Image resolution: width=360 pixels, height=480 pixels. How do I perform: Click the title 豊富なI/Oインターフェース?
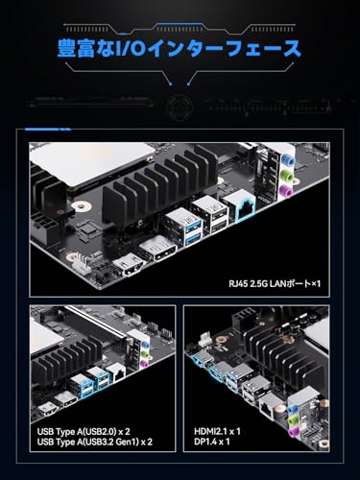[180, 49]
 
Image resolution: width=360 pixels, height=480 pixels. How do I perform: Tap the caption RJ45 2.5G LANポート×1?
[275, 283]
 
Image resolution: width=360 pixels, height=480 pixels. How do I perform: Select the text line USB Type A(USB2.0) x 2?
[84, 432]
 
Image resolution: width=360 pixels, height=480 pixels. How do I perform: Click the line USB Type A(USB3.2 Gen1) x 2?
[95, 442]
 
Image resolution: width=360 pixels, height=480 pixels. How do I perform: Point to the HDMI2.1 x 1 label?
[217, 432]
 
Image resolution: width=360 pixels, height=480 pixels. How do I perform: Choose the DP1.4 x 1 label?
[211, 442]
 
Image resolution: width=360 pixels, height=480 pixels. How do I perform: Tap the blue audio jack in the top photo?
[288, 159]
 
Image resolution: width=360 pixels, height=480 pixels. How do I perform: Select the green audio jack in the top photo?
[287, 177]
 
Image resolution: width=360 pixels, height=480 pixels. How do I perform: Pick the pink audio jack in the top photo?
[285, 192]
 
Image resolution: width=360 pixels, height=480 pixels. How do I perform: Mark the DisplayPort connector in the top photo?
[157, 250]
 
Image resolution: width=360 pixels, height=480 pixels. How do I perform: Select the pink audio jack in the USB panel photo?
[144, 363]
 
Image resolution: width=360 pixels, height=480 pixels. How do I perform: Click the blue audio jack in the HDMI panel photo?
[291, 410]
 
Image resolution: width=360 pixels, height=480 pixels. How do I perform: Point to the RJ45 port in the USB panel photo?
[116, 373]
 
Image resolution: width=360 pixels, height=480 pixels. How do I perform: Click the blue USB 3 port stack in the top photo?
[183, 226]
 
